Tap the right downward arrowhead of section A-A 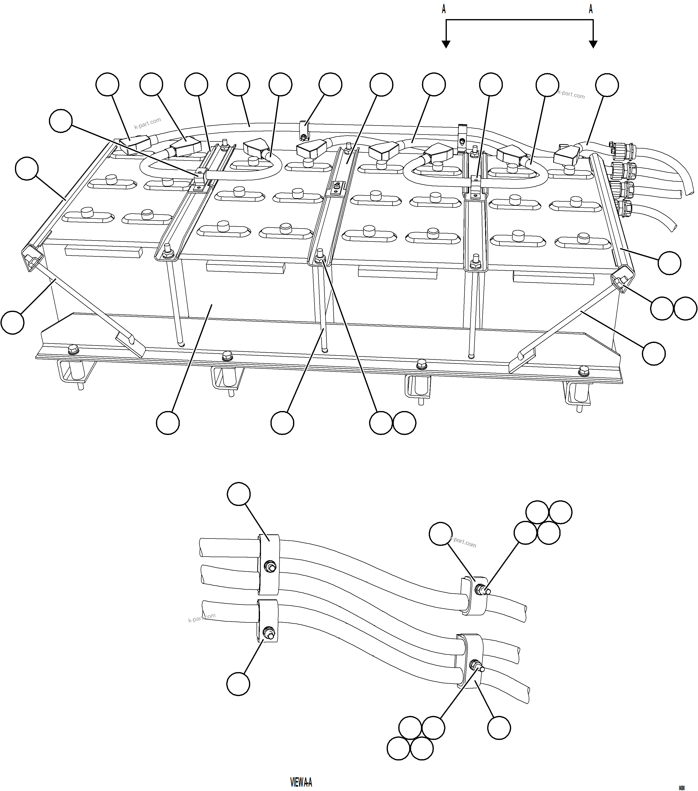coord(593,44)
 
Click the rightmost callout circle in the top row coord(607,85)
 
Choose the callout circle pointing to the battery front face coord(168,423)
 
